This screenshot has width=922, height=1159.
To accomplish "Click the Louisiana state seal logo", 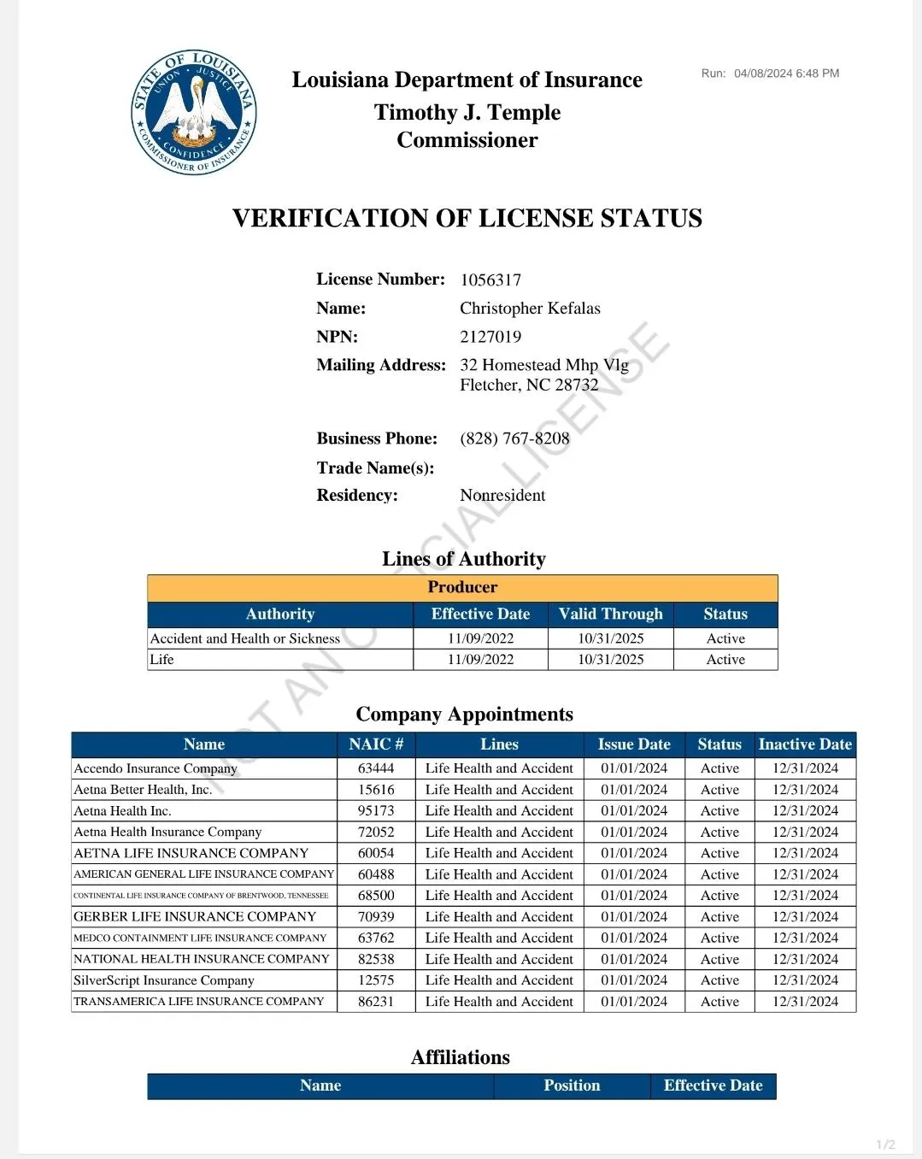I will [x=194, y=111].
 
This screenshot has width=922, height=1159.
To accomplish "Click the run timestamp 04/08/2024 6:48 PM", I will [x=786, y=74].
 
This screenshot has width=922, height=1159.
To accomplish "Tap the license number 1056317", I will [x=490, y=280].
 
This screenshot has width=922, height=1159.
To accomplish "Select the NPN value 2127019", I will [x=490, y=337].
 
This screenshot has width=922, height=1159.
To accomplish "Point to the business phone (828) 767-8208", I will [x=514, y=438].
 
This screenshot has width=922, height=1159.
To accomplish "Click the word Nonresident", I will [x=502, y=496].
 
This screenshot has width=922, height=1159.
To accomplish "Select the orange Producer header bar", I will [x=462, y=587].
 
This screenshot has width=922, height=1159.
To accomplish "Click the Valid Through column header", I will [x=610, y=615].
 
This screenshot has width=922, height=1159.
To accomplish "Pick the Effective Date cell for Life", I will [x=480, y=660].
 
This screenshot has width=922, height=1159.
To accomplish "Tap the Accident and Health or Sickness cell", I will [x=245, y=638].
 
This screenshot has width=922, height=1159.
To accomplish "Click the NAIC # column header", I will [x=376, y=744].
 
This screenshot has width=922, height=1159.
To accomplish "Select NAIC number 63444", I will [x=376, y=768].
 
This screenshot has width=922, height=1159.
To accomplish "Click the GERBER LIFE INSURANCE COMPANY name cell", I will [x=195, y=916].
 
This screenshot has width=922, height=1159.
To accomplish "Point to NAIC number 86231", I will [x=376, y=1002].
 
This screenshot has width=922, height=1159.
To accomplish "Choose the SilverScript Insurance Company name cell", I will [x=164, y=980].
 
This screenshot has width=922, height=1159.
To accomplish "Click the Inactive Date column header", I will [x=805, y=744].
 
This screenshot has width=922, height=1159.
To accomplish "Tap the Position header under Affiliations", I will [x=572, y=1085].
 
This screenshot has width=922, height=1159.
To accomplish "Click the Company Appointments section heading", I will [x=464, y=715].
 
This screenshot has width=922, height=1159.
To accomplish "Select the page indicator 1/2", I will [x=886, y=1144].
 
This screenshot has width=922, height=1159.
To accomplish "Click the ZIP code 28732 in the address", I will [x=577, y=385].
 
